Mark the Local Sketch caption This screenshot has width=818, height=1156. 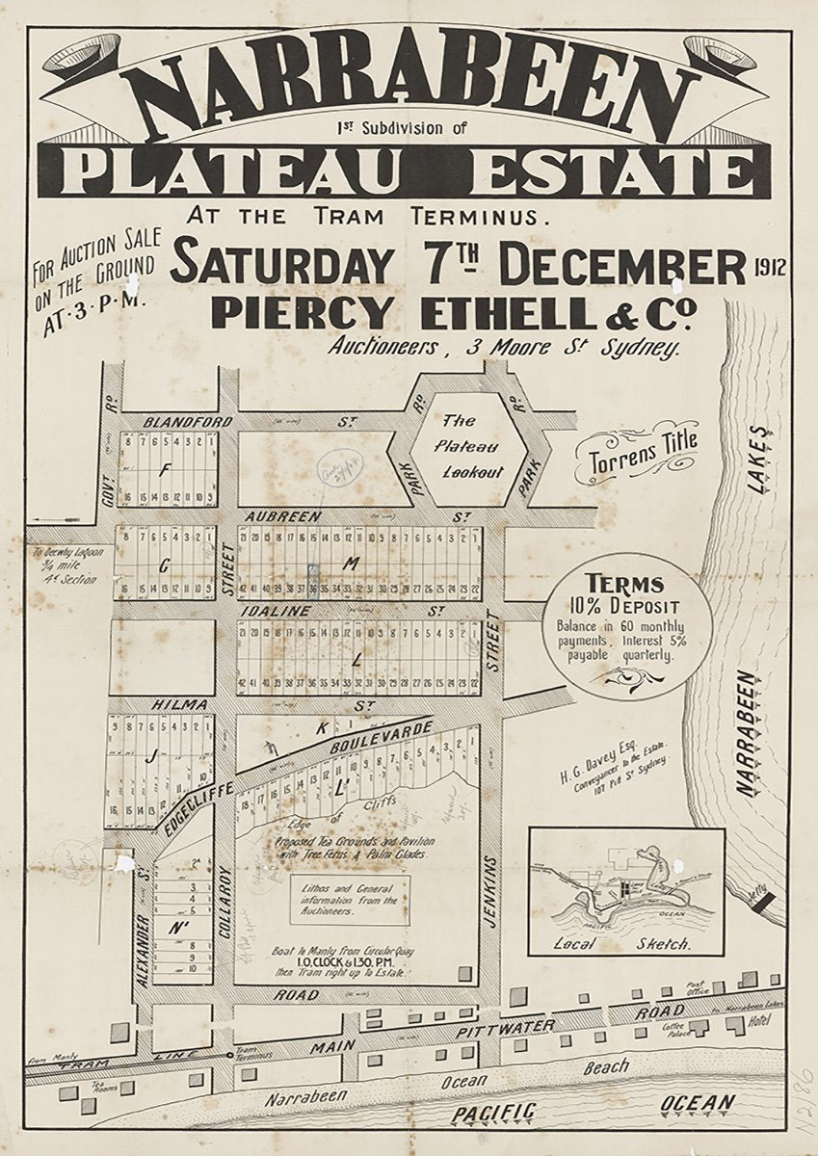tap(625, 944)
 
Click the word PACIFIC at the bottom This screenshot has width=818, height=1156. tap(494, 1113)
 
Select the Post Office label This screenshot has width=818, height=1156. tap(698, 988)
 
